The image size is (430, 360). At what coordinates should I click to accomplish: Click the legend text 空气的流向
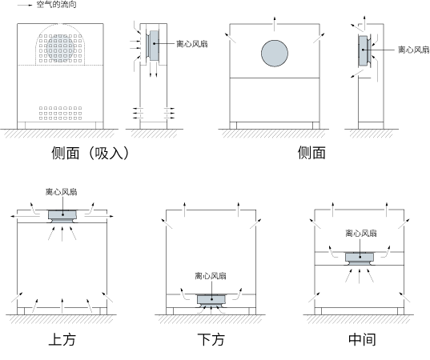(57, 4)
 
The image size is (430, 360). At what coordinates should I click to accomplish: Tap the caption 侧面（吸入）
(90, 153)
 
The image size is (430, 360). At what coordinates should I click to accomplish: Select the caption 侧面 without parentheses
(311, 153)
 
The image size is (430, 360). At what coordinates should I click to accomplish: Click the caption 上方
(62, 339)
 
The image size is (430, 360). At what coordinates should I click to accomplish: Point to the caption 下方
(211, 339)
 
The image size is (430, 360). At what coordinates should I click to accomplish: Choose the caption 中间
(362, 339)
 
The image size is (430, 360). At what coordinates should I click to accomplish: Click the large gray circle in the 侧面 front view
(275, 53)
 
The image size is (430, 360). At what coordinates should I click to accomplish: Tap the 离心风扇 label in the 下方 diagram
(211, 276)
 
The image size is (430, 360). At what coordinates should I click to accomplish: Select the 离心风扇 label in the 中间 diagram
(361, 233)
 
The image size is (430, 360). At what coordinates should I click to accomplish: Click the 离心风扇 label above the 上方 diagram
(62, 192)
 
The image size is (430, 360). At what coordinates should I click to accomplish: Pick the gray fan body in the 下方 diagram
(211, 300)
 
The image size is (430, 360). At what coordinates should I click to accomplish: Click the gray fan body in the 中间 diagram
(360, 258)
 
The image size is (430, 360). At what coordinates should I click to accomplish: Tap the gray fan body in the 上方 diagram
(62, 215)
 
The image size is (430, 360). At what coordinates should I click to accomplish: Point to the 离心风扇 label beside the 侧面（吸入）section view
(192, 44)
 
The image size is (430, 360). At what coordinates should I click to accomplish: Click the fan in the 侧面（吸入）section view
(154, 46)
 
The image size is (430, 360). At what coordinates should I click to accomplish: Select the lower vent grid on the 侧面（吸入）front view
(60, 113)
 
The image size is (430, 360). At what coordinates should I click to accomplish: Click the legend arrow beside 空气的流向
(25, 6)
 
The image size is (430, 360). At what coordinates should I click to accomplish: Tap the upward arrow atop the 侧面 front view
(275, 24)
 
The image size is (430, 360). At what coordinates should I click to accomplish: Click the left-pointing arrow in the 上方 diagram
(26, 216)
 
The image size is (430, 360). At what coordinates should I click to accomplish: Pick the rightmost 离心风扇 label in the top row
(414, 50)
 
